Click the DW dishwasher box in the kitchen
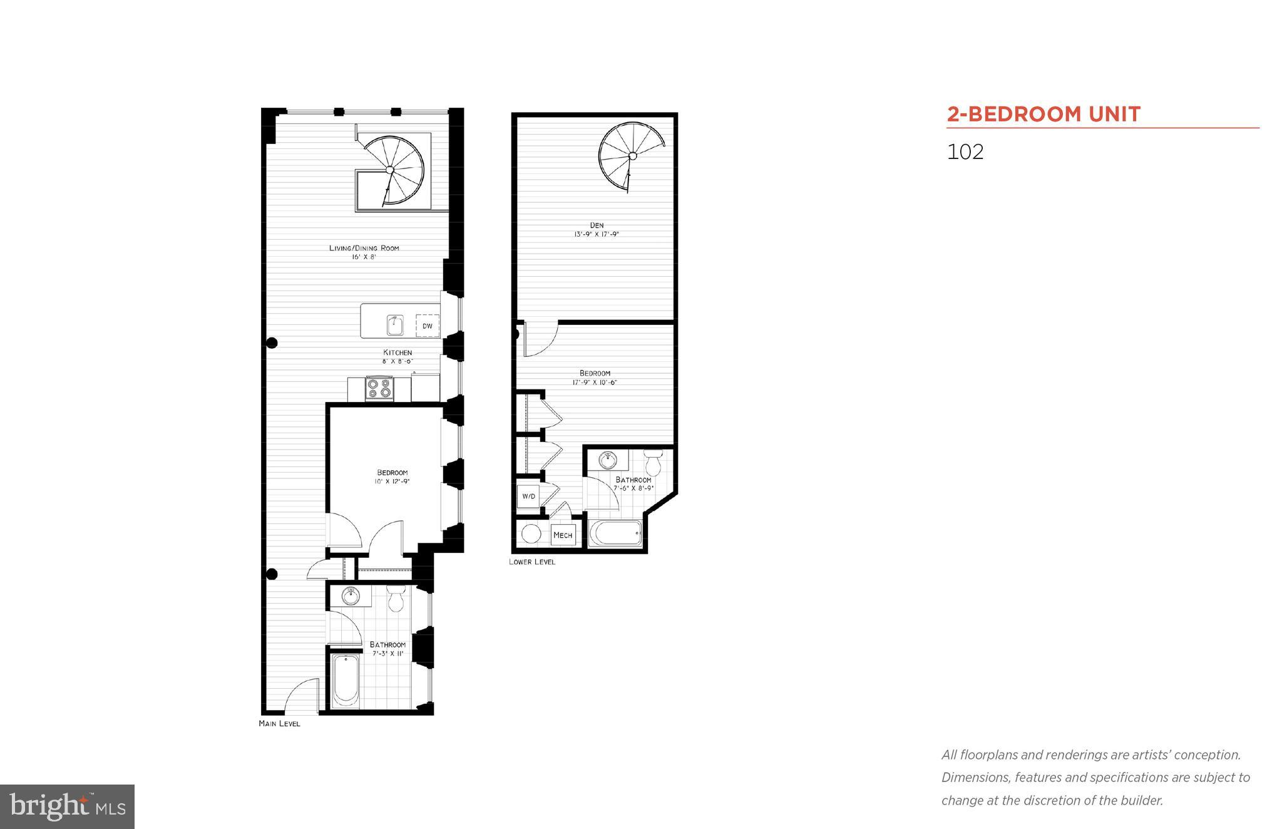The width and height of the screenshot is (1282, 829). (428, 326)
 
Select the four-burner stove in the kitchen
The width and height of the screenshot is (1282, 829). (379, 388)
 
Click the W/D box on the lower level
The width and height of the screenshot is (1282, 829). (528, 496)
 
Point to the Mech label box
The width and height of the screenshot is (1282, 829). (562, 535)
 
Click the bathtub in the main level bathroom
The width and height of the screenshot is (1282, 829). (345, 680)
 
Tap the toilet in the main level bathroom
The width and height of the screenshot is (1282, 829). (396, 599)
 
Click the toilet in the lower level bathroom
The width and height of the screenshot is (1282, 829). (654, 463)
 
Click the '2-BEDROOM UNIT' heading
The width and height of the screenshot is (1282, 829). (1044, 114)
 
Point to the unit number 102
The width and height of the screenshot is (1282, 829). (965, 152)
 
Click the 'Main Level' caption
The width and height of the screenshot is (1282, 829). (279, 723)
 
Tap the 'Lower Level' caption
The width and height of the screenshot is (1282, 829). (531, 562)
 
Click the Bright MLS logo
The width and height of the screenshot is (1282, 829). (67, 806)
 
